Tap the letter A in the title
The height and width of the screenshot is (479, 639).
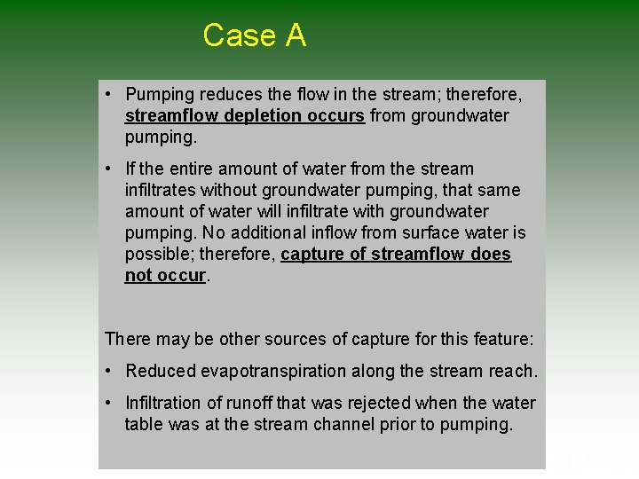point(296,35)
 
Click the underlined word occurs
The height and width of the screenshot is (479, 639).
point(336,115)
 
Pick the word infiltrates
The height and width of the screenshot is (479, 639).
point(162,190)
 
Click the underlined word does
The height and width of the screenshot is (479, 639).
point(489,254)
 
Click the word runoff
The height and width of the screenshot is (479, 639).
point(262,403)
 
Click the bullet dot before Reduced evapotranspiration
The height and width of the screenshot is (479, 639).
point(106,371)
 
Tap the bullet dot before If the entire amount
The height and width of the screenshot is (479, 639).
point(106,169)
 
